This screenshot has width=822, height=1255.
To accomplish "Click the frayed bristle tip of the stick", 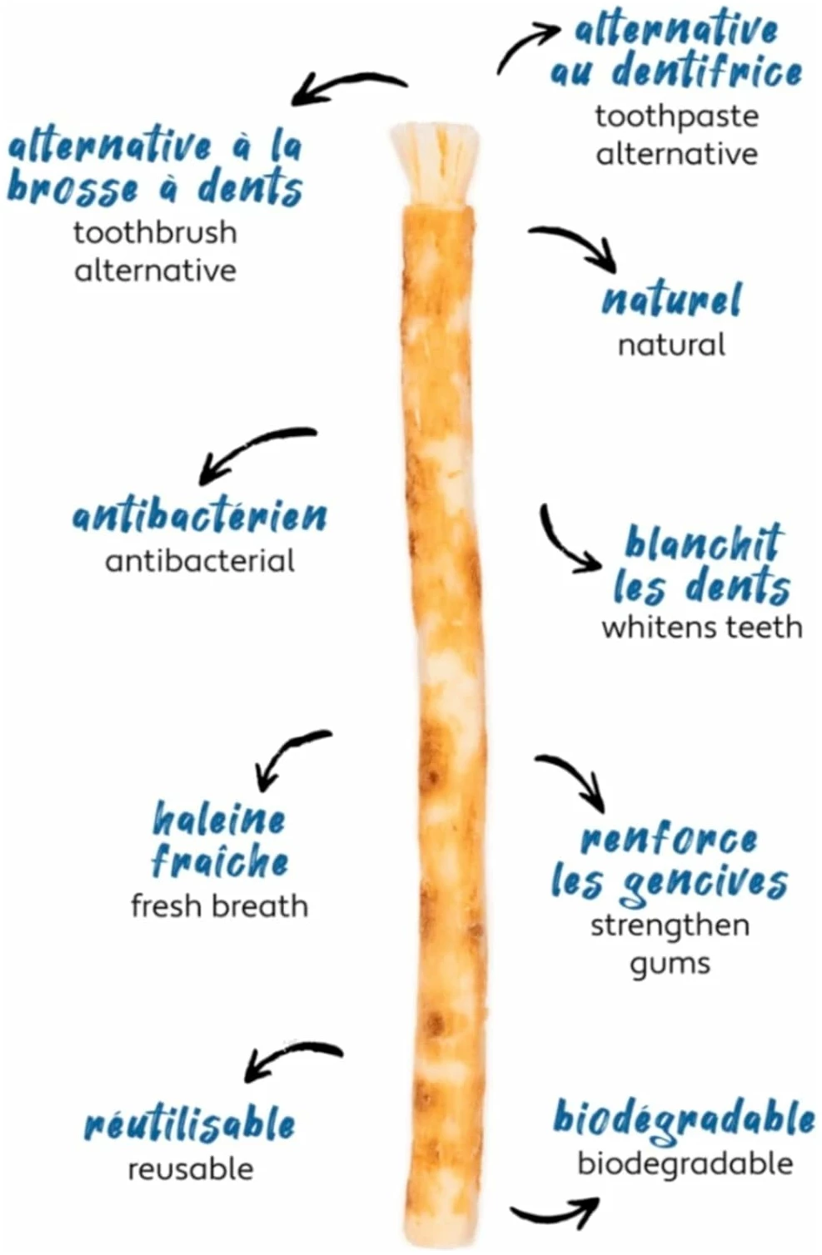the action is tap(435, 164).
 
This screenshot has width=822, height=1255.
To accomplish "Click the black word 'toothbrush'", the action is tap(155, 232).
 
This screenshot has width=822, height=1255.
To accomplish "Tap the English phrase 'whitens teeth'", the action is tap(702, 627).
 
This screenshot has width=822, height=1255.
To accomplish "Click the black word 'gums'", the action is tap(670, 965).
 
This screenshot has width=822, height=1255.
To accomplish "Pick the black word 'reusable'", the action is tap(191, 1170).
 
